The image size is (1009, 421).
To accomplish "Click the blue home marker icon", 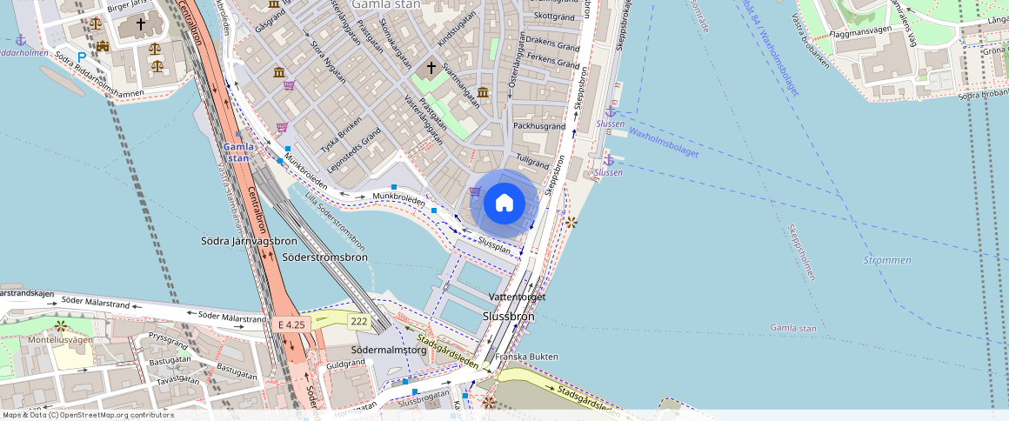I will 504,204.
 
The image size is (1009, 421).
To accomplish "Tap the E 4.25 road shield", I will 291,324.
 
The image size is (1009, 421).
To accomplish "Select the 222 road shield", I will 358,322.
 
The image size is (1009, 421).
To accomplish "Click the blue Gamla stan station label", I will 238,152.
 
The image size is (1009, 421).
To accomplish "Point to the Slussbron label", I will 509,317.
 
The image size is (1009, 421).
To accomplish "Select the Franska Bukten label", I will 526,357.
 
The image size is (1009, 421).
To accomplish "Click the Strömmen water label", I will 888,260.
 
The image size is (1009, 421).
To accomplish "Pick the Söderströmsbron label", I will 324,257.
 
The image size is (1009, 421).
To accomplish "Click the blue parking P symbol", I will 82,57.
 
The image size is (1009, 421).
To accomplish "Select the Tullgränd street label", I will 533,162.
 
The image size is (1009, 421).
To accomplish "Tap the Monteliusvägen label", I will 61,340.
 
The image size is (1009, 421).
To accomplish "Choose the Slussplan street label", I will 494,247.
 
